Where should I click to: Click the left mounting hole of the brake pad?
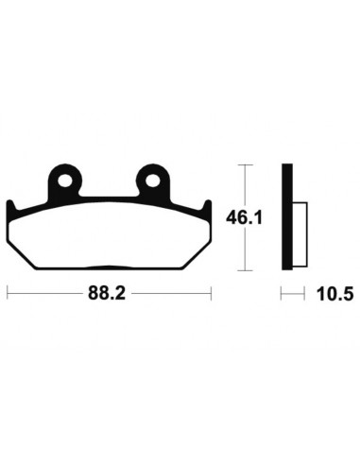(x=64, y=178)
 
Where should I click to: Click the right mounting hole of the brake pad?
(x=151, y=178)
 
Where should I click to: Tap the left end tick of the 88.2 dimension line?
(x=8, y=294)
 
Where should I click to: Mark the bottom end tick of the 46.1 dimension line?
(x=246, y=269)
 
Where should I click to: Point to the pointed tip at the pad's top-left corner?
(x=10, y=203)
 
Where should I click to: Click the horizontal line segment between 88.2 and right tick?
(x=170, y=294)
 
